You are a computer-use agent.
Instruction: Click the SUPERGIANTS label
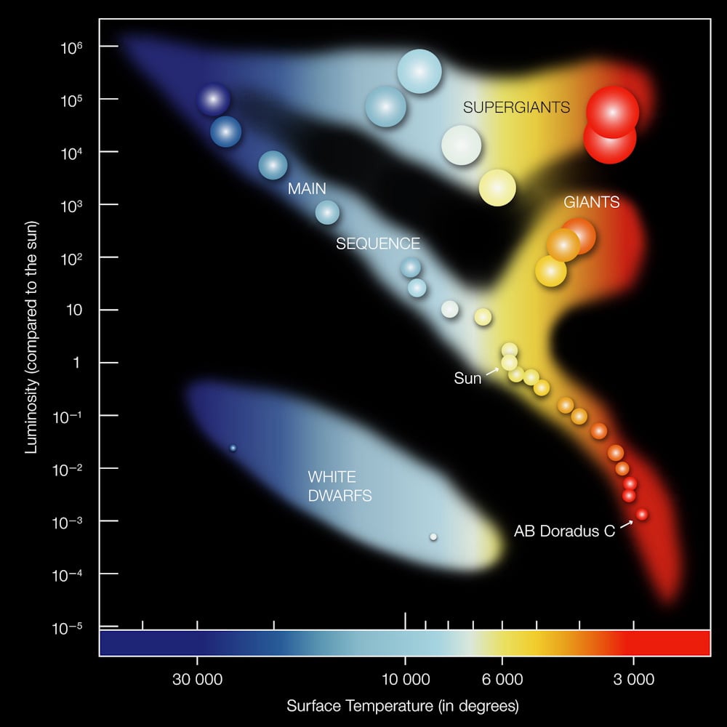(x=516, y=107)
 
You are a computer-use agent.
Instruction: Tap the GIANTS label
(x=592, y=202)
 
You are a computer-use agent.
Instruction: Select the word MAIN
(x=307, y=188)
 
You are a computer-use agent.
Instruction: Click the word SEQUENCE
(x=378, y=244)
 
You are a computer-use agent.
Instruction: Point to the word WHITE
(x=332, y=477)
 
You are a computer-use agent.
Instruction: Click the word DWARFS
(x=340, y=496)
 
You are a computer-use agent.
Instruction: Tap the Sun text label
(x=467, y=378)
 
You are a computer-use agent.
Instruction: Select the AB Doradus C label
(x=564, y=531)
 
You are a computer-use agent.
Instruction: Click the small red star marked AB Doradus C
(x=642, y=514)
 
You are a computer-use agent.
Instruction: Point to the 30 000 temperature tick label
(x=197, y=680)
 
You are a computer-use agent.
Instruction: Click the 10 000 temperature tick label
(x=406, y=680)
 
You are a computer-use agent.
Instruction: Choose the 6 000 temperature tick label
(x=502, y=680)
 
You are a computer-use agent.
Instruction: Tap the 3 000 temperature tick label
(x=634, y=680)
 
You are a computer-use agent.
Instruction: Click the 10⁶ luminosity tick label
(x=71, y=47)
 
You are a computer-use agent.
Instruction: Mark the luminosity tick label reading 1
(x=76, y=363)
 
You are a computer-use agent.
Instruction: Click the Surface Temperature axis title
(x=403, y=706)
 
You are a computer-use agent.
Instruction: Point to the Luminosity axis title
(x=31, y=337)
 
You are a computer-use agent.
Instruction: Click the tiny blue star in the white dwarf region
(x=233, y=448)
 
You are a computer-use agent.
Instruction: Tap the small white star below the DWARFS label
(x=433, y=537)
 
